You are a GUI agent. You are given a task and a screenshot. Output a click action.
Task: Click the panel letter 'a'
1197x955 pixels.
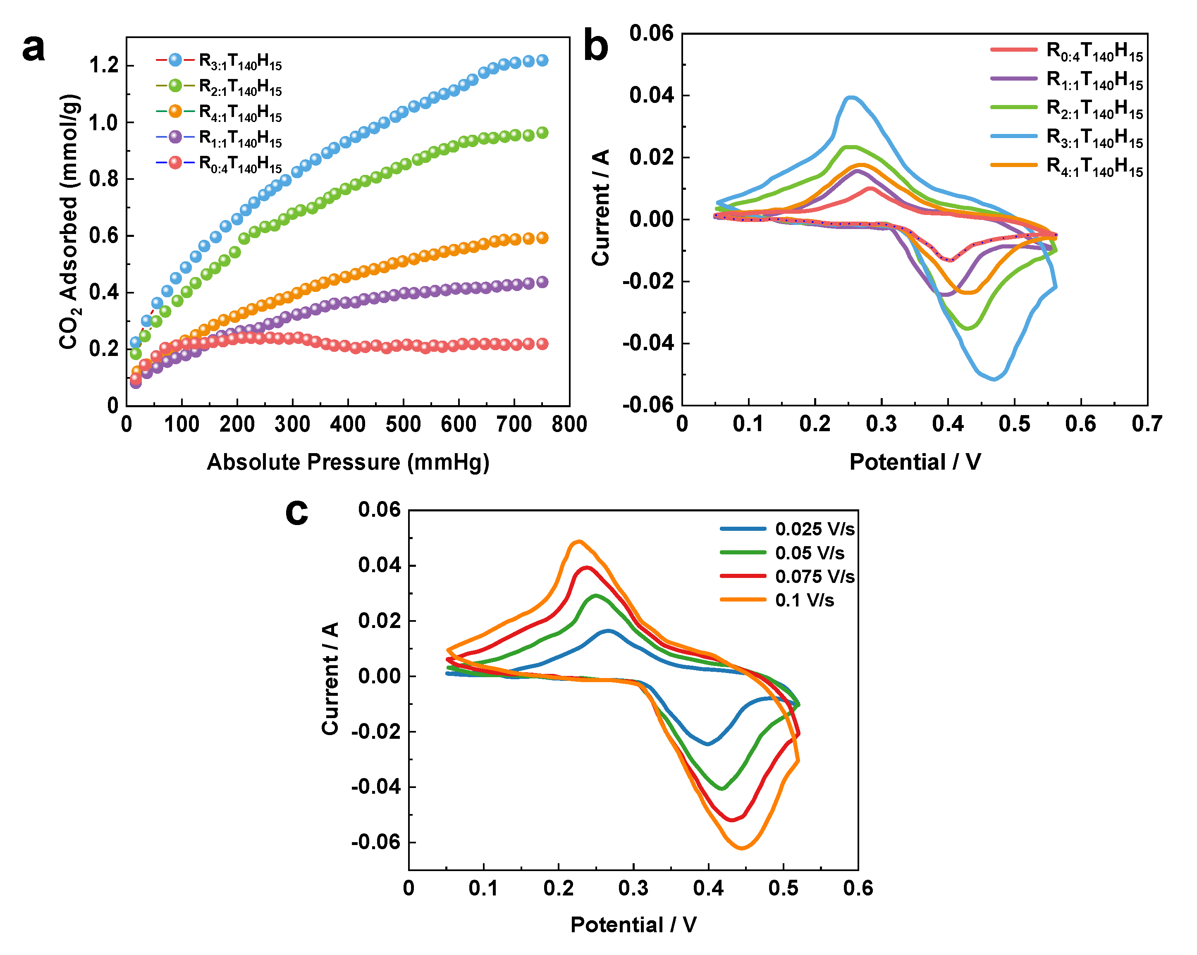click(33, 49)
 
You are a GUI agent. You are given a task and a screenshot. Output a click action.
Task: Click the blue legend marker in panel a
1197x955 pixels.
click(175, 60)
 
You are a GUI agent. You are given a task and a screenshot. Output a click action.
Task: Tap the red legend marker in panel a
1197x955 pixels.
click(175, 163)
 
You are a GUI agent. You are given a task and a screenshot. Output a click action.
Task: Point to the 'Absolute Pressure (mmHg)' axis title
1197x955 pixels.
click(348, 462)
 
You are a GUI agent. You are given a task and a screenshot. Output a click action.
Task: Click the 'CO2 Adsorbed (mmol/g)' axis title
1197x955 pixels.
click(70, 222)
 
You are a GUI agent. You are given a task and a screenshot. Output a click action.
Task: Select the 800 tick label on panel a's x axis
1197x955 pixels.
click(569, 425)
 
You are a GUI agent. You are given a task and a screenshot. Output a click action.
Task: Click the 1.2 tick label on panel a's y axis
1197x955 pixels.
click(104, 65)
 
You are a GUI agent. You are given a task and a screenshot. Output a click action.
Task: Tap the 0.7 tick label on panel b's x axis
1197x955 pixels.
click(1147, 425)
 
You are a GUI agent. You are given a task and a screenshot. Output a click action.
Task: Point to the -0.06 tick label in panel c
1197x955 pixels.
click(376, 842)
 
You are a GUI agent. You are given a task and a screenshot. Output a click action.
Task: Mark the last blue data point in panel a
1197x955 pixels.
click(542, 60)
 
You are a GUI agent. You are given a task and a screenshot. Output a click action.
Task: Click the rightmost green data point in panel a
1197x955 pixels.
click(542, 133)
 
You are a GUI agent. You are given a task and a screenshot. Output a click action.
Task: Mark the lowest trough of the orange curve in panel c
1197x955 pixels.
click(742, 848)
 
